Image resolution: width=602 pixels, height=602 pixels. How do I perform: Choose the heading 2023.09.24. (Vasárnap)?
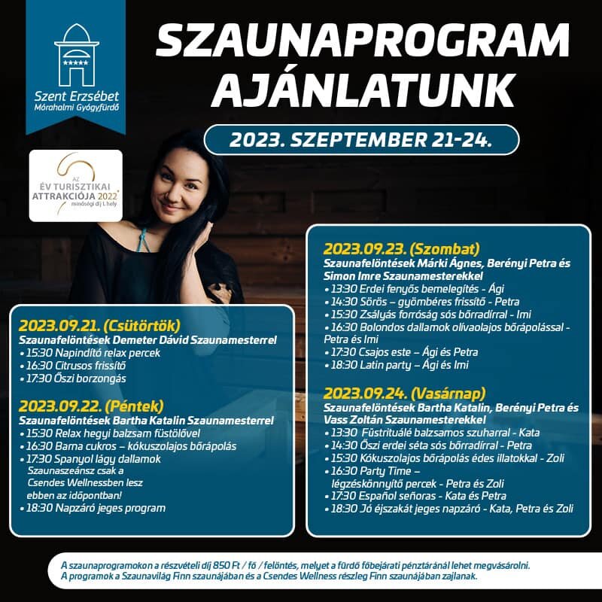[405, 393]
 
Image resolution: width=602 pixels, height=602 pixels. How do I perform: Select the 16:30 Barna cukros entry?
[128, 445]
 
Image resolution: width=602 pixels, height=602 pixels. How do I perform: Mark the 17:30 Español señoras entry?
[418, 496]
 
